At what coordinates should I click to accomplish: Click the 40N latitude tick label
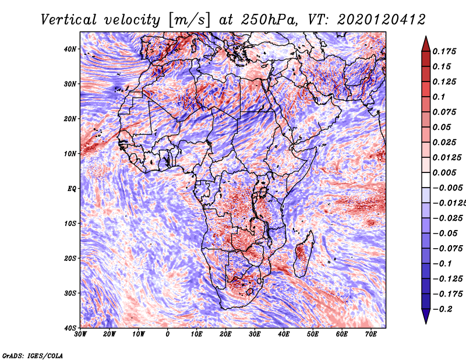[x=70, y=49]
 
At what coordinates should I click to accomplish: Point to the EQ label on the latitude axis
[x=72, y=189]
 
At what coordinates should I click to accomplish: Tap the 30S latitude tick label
[x=70, y=293]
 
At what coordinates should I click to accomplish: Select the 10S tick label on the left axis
[x=70, y=224]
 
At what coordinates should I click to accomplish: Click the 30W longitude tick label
[x=80, y=334]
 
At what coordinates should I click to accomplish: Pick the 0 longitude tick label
[x=168, y=334]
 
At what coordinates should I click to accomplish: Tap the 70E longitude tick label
[x=371, y=334]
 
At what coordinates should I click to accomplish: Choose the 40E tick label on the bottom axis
[x=284, y=334]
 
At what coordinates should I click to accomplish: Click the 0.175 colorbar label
[x=444, y=51]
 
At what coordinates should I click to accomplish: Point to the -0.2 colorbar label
[x=443, y=309]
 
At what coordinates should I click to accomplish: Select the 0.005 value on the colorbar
[x=444, y=172]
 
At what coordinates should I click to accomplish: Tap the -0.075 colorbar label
[x=447, y=249]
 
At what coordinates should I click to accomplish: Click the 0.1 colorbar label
[x=439, y=97]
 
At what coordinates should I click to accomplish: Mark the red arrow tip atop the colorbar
[x=426, y=37]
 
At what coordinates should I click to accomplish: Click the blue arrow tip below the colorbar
[x=426, y=323]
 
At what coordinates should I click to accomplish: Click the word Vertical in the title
[x=68, y=20]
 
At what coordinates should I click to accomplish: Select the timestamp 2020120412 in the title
[x=382, y=20]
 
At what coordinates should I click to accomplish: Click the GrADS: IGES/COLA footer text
[x=33, y=355]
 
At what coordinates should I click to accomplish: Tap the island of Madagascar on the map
[x=304, y=254]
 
